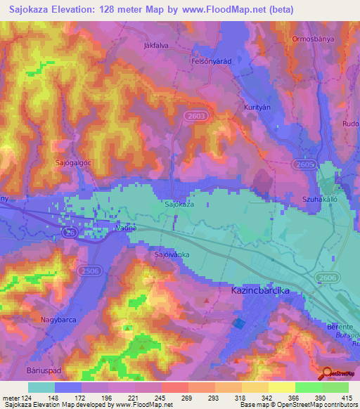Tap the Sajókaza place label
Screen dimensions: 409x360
coord(179,204)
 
